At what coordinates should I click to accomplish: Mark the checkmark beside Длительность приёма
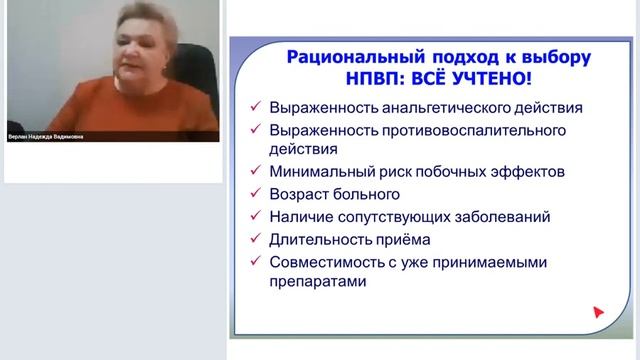click(x=256, y=238)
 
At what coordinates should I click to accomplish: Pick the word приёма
click(x=407, y=238)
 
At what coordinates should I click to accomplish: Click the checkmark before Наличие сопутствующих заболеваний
click(x=256, y=215)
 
